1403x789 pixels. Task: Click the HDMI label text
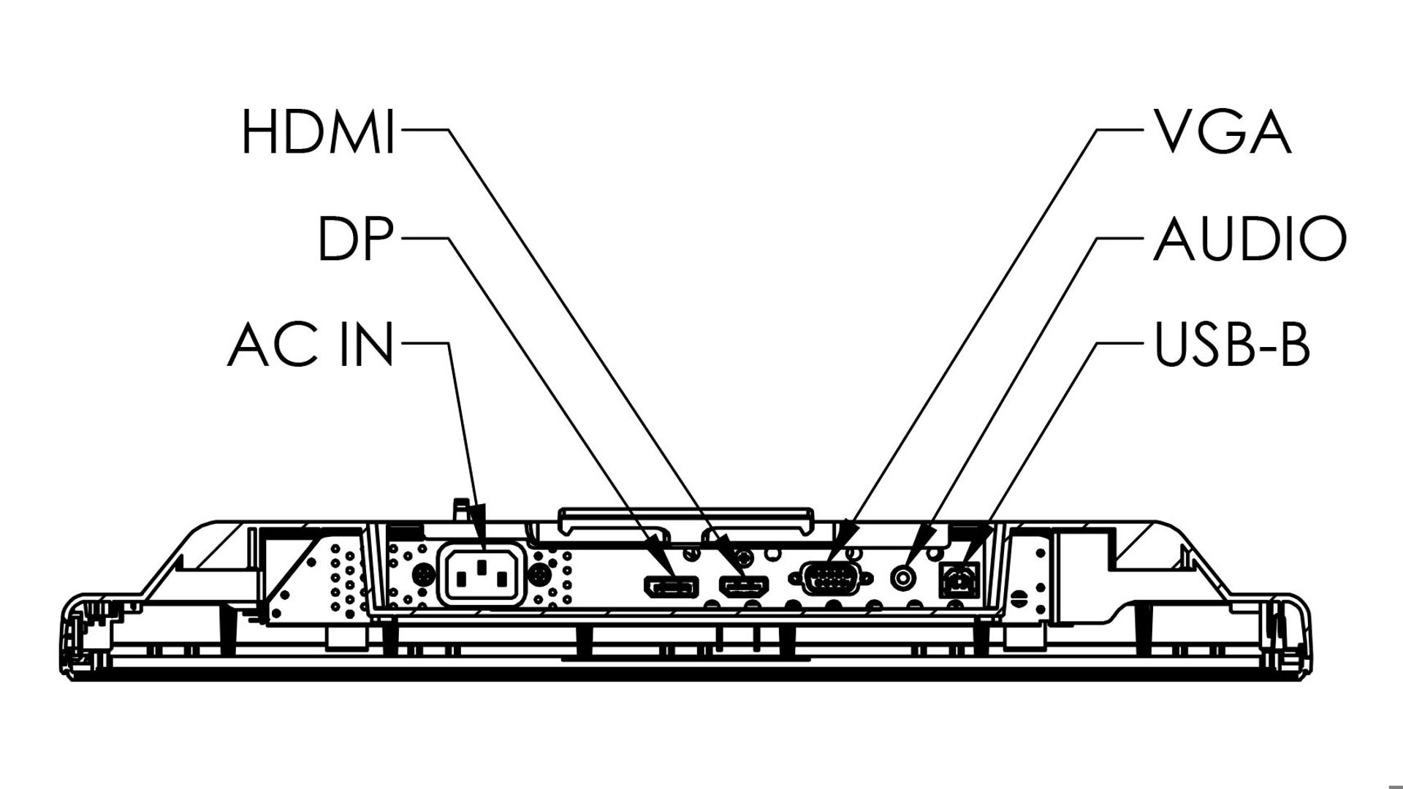pyautogui.click(x=319, y=132)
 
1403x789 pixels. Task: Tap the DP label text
pyautogui.click(x=356, y=238)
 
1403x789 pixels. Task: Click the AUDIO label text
pyautogui.click(x=1250, y=238)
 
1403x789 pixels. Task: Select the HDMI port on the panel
pyautogui.click(x=745, y=585)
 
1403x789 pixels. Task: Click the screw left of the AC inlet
pyautogui.click(x=421, y=576)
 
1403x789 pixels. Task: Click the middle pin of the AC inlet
pyautogui.click(x=481, y=567)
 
